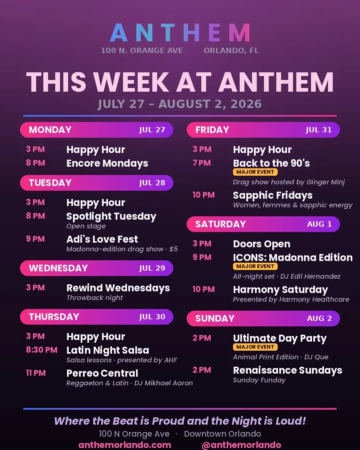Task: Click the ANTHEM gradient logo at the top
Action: (180, 33)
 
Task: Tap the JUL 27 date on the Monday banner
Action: (152, 130)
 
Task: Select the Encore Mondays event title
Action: (107, 163)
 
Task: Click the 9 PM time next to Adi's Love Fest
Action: (35, 239)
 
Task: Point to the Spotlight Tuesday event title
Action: (111, 216)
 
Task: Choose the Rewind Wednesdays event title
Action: (118, 288)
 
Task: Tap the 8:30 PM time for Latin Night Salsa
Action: (42, 350)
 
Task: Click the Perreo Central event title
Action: (102, 373)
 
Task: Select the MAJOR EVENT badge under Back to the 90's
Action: (255, 172)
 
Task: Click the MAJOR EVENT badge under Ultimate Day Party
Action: (255, 347)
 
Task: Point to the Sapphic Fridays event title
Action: (273, 195)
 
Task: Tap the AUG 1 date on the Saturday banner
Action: (319, 224)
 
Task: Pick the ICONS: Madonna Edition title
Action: (293, 257)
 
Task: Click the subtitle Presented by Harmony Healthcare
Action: (291, 299)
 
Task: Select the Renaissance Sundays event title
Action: (288, 370)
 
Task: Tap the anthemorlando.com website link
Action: (125, 445)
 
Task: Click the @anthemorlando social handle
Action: (241, 445)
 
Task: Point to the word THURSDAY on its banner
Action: (54, 317)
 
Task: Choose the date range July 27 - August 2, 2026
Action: (180, 104)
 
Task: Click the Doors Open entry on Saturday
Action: (262, 244)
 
